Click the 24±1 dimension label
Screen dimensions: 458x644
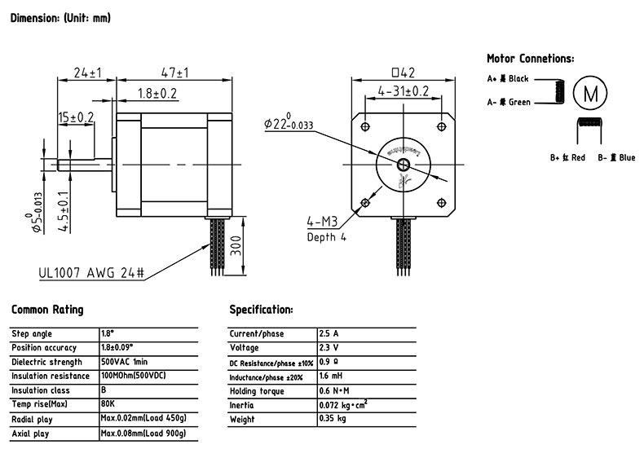(x=86, y=73)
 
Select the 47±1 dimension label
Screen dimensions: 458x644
(x=174, y=73)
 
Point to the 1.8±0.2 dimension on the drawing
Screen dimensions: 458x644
(x=157, y=93)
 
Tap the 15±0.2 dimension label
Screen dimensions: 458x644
(x=75, y=118)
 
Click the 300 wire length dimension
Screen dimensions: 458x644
(x=236, y=244)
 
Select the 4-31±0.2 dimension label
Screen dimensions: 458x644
(x=404, y=91)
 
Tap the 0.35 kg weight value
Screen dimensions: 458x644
(x=333, y=419)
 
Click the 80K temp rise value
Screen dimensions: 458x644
(x=108, y=405)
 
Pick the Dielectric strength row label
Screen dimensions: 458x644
(x=46, y=362)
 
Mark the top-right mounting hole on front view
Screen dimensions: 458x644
(x=441, y=126)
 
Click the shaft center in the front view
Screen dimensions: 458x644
(x=403, y=164)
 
